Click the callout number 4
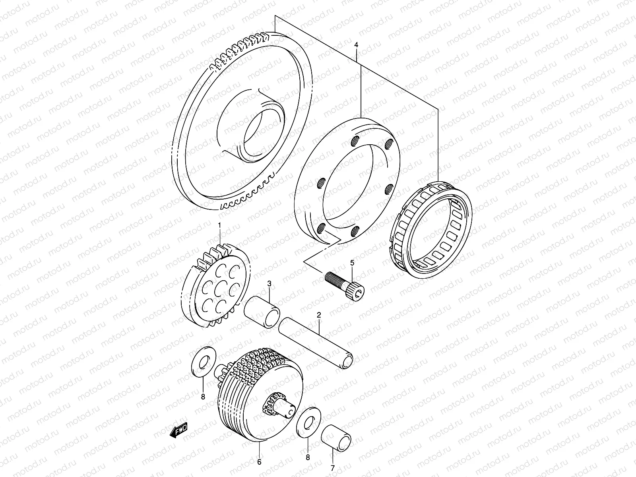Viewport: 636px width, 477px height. pyautogui.click(x=356, y=46)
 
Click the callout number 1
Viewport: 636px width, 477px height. pyautogui.click(x=219, y=226)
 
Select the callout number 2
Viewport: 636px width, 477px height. pyautogui.click(x=318, y=315)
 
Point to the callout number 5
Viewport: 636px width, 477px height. pyautogui.click(x=352, y=263)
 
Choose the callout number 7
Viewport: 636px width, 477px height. pyautogui.click(x=333, y=467)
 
